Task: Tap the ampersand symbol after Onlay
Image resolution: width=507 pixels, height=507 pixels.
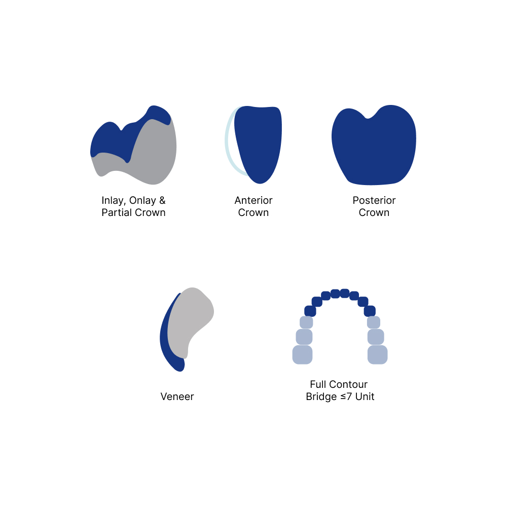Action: point(162,200)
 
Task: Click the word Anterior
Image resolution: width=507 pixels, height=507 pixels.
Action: point(253,200)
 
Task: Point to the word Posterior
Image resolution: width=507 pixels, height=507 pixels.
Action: point(374,200)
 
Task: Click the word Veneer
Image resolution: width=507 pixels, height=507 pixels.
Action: point(177,396)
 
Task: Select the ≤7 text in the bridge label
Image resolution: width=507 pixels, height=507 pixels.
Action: point(346,396)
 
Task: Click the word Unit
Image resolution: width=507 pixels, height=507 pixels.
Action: point(365,396)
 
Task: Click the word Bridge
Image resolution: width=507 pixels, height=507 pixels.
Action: point(321,397)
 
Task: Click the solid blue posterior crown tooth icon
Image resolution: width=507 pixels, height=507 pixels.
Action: point(374,146)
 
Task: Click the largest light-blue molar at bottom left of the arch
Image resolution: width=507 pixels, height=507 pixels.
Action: point(302,355)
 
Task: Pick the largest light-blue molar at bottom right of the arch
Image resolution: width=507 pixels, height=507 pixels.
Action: point(378,355)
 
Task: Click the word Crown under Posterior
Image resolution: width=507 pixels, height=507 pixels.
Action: point(374,213)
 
